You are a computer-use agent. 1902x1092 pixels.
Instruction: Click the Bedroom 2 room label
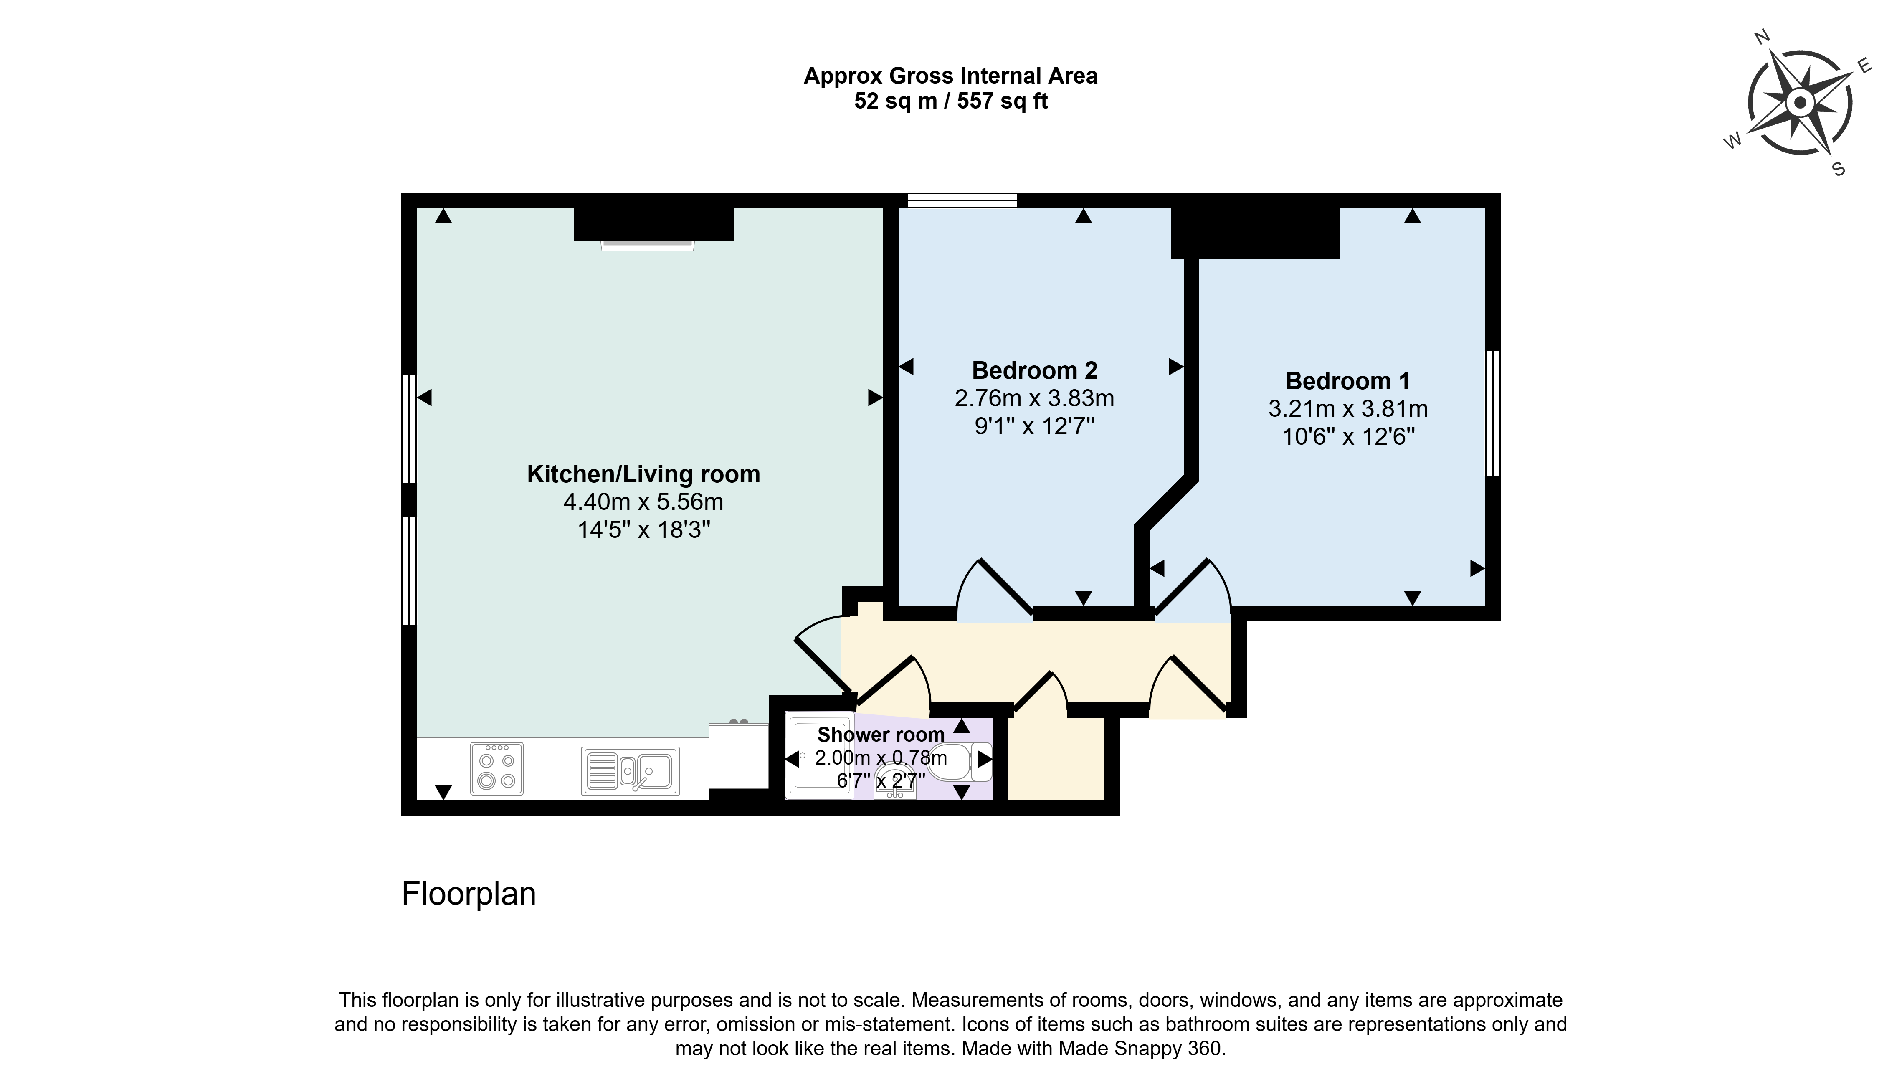coord(1035,370)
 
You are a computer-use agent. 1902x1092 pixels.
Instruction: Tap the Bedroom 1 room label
coord(1348,381)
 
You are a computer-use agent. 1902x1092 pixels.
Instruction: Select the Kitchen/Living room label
coord(643,474)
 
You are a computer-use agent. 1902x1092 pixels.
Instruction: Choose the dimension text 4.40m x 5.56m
coord(643,502)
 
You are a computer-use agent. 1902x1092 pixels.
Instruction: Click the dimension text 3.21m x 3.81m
coord(1348,409)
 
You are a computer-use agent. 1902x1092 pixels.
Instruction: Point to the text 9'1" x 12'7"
coord(1035,426)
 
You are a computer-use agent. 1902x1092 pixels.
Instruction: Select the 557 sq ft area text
coord(1002,101)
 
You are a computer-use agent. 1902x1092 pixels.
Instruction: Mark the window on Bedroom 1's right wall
coord(1493,413)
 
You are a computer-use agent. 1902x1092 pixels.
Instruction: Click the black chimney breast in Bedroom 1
coord(1256,233)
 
